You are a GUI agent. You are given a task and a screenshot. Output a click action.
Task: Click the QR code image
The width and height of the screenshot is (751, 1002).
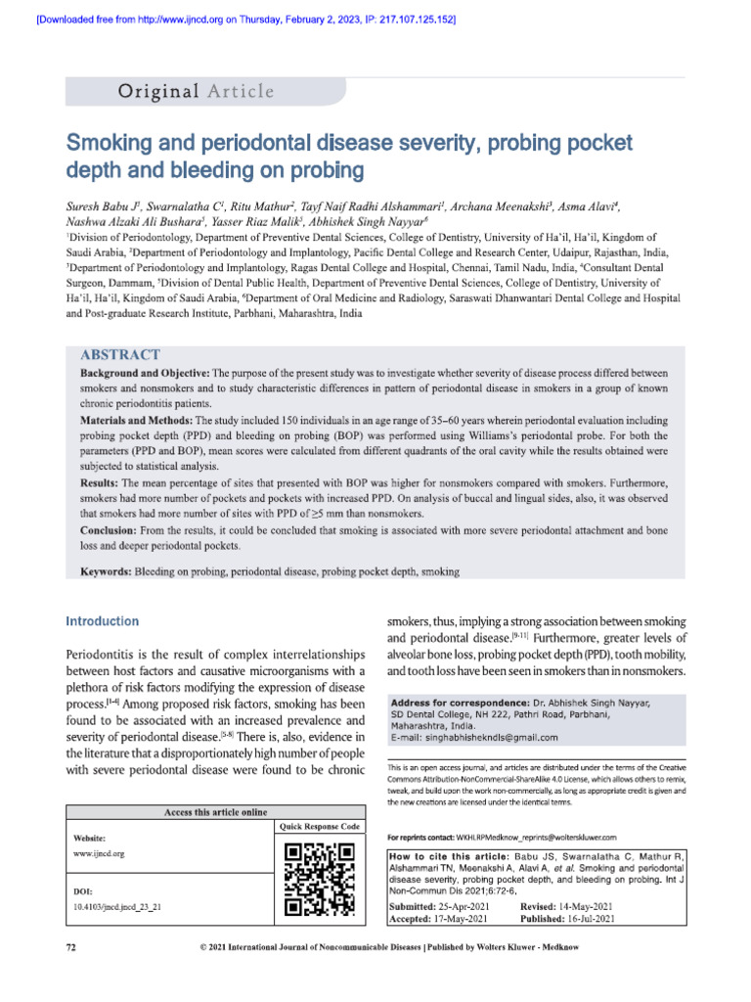click(x=320, y=878)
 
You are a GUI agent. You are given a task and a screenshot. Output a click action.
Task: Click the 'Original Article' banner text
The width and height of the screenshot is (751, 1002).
click(x=196, y=92)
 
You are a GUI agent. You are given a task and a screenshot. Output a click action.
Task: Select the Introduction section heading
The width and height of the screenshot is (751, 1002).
click(x=102, y=621)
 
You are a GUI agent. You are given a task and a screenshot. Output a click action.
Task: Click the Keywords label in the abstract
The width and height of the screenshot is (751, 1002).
click(x=110, y=570)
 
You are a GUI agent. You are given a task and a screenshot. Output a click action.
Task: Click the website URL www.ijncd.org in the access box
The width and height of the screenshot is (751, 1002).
click(x=99, y=853)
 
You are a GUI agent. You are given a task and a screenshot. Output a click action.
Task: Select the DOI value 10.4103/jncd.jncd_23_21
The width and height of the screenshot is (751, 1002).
click(x=117, y=907)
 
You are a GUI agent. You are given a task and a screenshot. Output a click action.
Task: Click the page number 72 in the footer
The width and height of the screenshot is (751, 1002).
click(x=70, y=947)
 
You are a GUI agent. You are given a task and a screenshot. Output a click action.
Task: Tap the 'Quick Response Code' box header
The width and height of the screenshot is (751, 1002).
click(x=320, y=827)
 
